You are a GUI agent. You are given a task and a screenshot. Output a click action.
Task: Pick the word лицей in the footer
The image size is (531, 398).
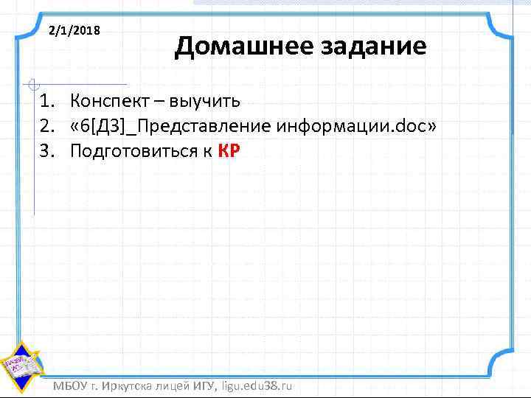point(176,386)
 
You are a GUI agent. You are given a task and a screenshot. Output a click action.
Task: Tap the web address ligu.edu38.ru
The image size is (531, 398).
point(257,386)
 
